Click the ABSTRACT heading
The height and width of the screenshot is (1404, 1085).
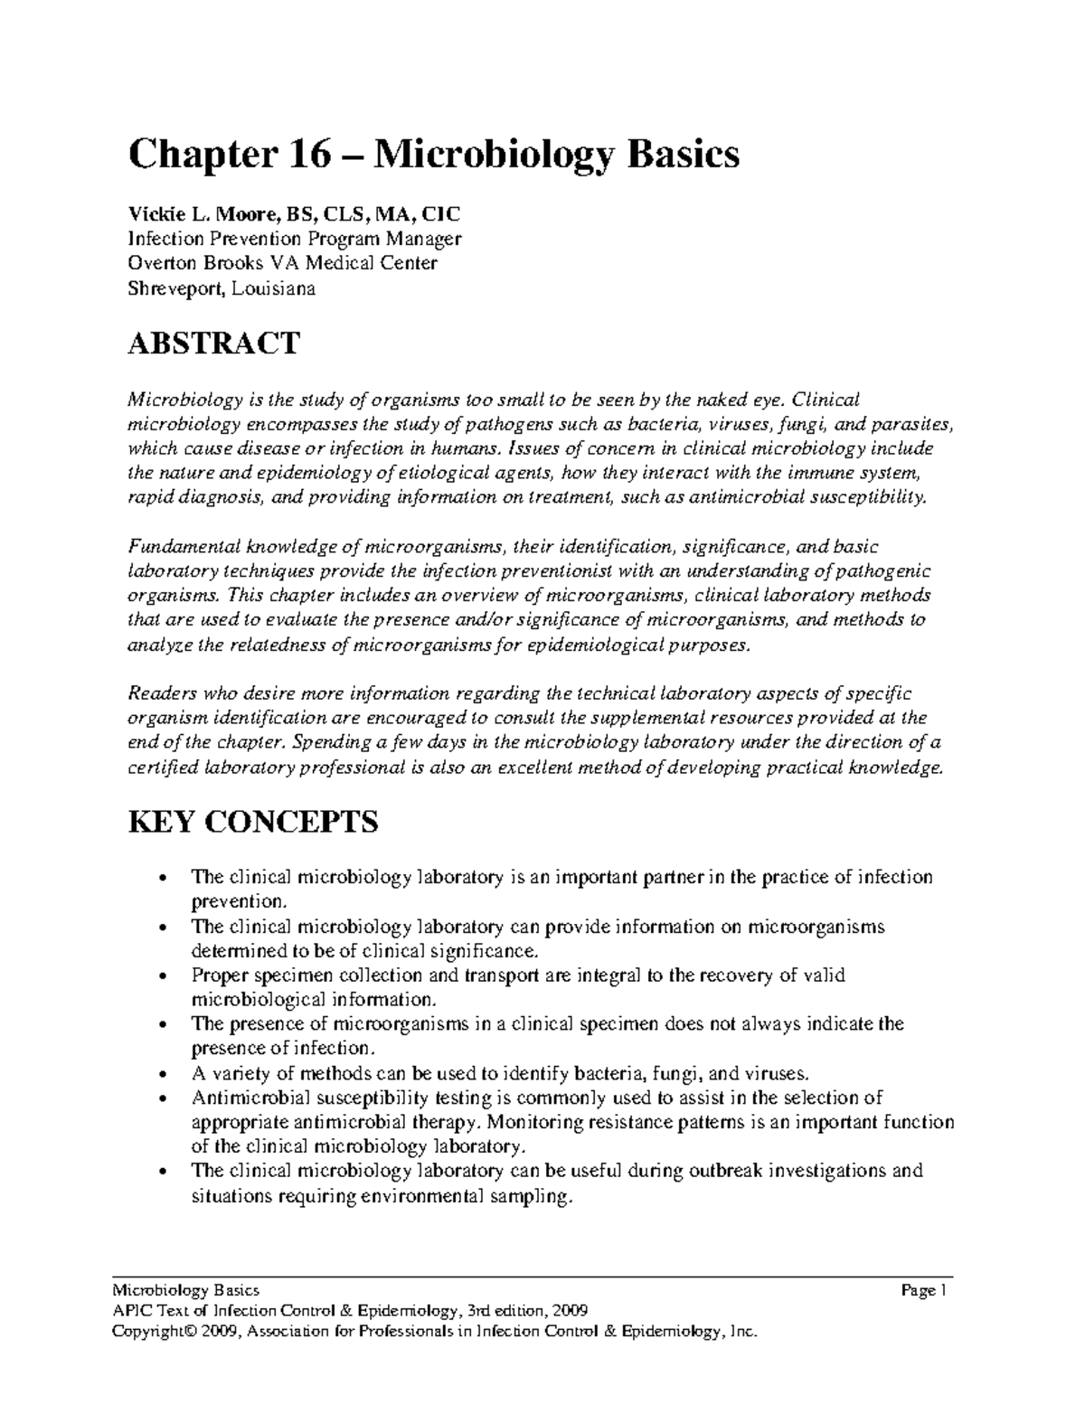click(213, 344)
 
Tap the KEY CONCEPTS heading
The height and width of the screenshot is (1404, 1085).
click(254, 823)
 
